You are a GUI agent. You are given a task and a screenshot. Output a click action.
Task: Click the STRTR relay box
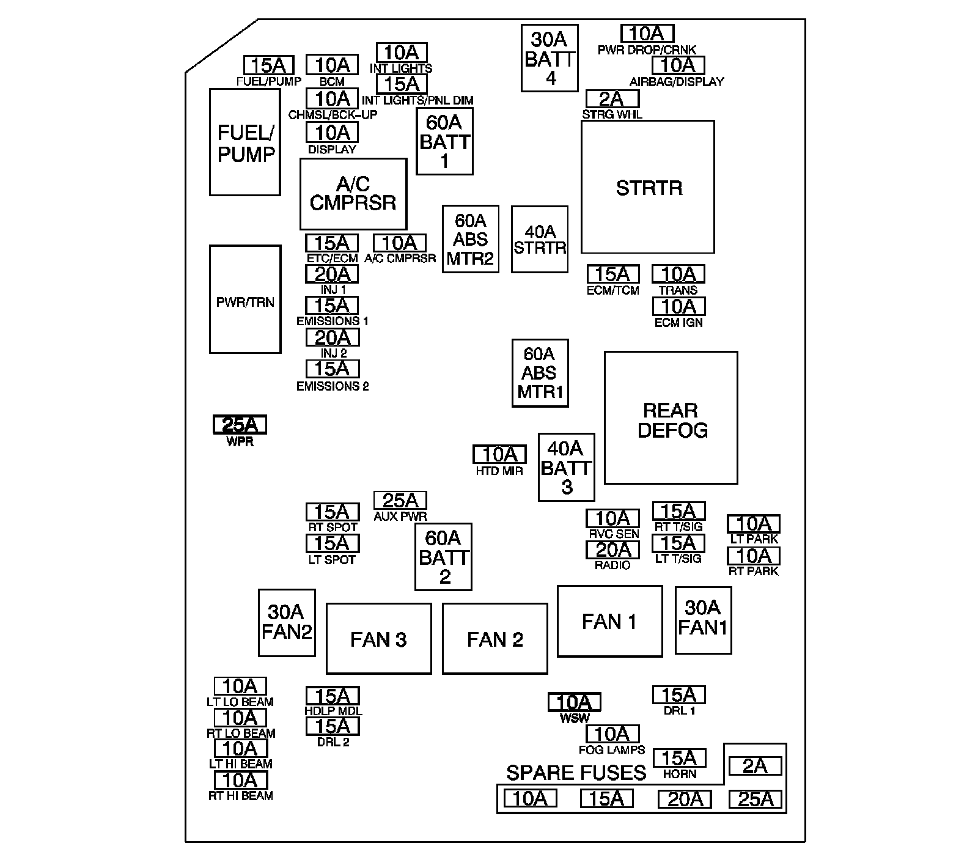point(647,186)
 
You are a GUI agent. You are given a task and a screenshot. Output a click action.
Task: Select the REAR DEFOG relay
point(671,417)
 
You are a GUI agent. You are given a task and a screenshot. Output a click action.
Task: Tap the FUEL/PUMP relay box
point(245,142)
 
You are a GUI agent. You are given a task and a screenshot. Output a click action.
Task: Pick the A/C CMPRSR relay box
point(353,194)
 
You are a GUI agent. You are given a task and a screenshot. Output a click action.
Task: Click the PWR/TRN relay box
point(245,299)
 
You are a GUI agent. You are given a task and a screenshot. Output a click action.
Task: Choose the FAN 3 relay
point(378,638)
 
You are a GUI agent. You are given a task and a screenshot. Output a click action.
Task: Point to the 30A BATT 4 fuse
point(550,58)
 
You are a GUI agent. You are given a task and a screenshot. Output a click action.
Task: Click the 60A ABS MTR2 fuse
point(470,238)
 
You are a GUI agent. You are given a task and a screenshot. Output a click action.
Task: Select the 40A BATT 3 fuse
point(566,467)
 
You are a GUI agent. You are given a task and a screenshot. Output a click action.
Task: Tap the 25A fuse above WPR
point(240,424)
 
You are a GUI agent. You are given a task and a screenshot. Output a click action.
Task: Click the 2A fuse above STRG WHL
point(612,98)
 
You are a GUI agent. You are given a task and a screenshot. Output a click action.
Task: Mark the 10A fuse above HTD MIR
point(499,454)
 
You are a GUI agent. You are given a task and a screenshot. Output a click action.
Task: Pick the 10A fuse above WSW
point(574,702)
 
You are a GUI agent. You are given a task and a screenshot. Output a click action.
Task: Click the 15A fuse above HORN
point(679,758)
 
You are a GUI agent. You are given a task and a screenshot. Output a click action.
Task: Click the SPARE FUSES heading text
point(576,773)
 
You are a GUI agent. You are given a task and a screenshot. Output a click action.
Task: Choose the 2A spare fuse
point(755,766)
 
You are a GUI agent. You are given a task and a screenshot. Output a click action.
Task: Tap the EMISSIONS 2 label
point(333,386)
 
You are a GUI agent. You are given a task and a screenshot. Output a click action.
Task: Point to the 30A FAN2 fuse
point(287,622)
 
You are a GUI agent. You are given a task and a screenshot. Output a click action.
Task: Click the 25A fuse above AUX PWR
point(400,501)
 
